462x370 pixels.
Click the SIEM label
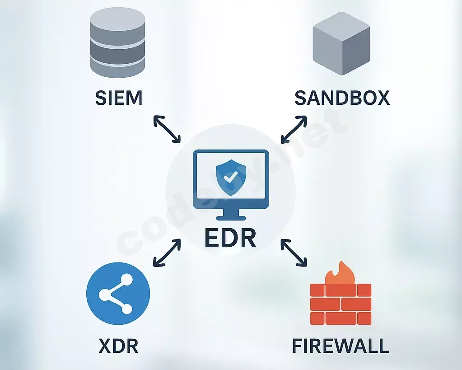point(119,98)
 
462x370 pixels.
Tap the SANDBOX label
point(342,98)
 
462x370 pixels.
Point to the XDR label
point(118,346)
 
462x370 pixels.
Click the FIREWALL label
point(341,346)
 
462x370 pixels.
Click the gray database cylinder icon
point(117,43)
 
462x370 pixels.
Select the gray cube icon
point(341,43)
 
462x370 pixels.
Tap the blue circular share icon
point(118,294)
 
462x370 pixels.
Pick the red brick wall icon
point(341,304)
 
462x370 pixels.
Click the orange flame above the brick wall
point(340,273)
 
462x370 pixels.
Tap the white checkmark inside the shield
point(231,177)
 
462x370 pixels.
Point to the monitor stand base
point(231,218)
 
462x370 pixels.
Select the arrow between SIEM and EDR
point(167,129)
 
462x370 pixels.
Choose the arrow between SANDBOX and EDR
point(294,129)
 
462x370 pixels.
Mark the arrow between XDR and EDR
point(167,253)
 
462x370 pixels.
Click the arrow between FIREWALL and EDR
point(294,253)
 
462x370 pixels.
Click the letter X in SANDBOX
point(383,98)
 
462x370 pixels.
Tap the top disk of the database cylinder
point(117,18)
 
